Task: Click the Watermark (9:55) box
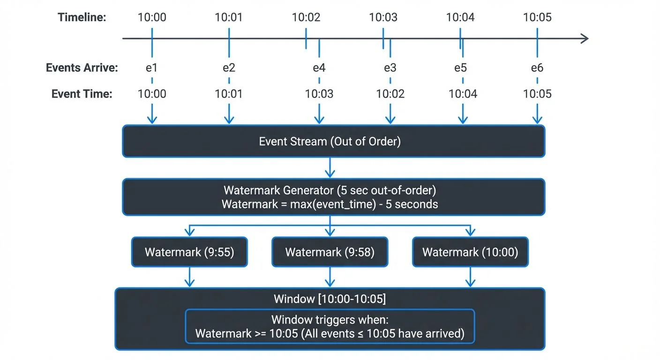coord(189,252)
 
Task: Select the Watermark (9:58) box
coord(330,252)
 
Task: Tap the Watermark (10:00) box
coord(470,252)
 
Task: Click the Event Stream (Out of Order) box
coord(333,141)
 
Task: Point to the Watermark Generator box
coord(333,197)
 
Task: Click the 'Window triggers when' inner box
coord(330,326)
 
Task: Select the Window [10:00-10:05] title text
coord(330,299)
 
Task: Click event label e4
coord(319,68)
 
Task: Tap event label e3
coord(390,68)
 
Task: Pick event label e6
coord(537,68)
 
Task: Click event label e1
coord(151,68)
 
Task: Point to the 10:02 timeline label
coord(306,18)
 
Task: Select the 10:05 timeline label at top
coord(537,18)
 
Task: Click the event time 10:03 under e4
coord(319,94)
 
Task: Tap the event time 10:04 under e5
coord(463,94)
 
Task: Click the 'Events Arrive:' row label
coord(82,68)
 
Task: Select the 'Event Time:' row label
coord(82,94)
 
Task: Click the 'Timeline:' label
coord(82,18)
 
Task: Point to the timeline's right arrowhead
coord(585,38)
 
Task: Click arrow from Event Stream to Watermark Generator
coord(330,168)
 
